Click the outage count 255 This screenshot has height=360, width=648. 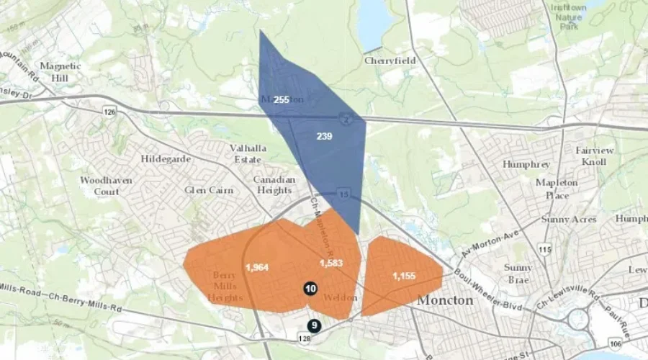click(282, 99)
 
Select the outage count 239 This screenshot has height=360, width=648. click(324, 136)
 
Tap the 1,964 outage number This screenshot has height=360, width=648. click(257, 268)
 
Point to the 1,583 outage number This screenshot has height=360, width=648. click(330, 263)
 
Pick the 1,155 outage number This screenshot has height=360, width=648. click(405, 276)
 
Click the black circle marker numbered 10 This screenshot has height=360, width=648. click(310, 289)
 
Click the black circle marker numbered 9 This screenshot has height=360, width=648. click(315, 325)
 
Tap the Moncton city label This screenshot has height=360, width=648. click(446, 300)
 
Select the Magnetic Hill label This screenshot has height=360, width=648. click(60, 71)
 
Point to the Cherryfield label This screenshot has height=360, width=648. click(390, 61)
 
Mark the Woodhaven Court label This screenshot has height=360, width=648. click(106, 186)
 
